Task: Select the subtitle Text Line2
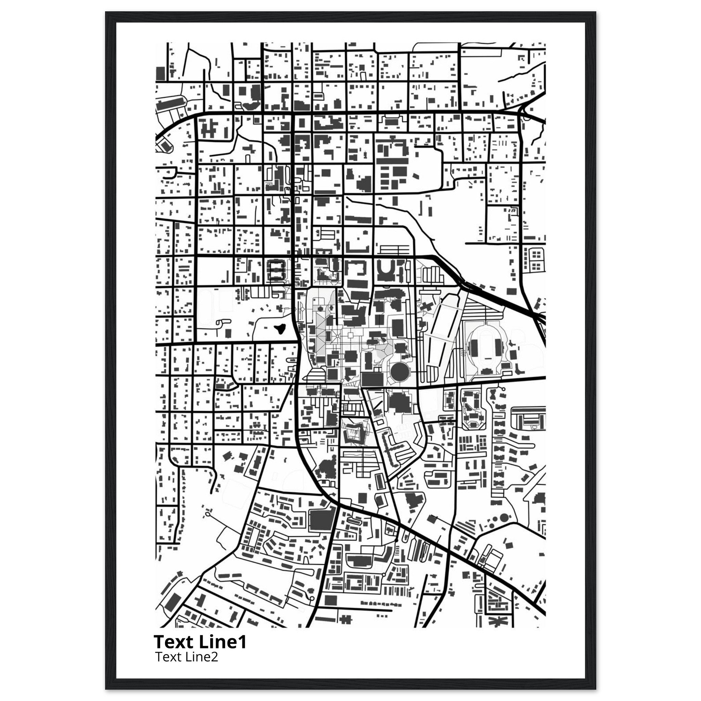click(x=186, y=657)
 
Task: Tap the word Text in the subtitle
click(x=165, y=657)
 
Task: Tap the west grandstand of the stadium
click(x=473, y=346)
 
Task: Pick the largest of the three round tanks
click(x=504, y=518)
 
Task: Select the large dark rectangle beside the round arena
click(x=372, y=380)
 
